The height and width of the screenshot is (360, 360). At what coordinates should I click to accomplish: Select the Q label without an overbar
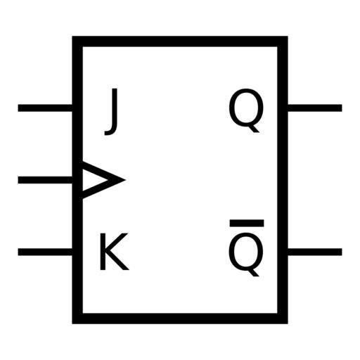click(x=246, y=110)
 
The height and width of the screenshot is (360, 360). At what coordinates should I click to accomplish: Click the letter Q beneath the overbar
click(x=246, y=255)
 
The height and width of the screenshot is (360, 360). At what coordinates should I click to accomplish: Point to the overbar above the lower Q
click(x=247, y=223)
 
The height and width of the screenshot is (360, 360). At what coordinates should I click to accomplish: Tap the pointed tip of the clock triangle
click(x=125, y=180)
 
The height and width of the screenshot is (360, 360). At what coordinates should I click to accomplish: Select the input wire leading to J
click(x=45, y=108)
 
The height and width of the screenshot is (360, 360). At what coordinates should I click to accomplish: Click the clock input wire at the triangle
click(x=45, y=180)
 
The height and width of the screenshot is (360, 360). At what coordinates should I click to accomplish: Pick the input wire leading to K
click(x=45, y=252)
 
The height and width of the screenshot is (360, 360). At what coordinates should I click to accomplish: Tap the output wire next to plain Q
click(x=315, y=108)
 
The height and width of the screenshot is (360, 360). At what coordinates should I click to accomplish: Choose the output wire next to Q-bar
click(x=315, y=252)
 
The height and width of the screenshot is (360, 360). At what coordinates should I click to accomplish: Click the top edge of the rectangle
click(x=180, y=41)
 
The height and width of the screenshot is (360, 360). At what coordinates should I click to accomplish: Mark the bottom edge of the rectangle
click(x=180, y=319)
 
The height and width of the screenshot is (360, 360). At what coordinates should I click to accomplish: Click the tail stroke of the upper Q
click(x=253, y=128)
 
